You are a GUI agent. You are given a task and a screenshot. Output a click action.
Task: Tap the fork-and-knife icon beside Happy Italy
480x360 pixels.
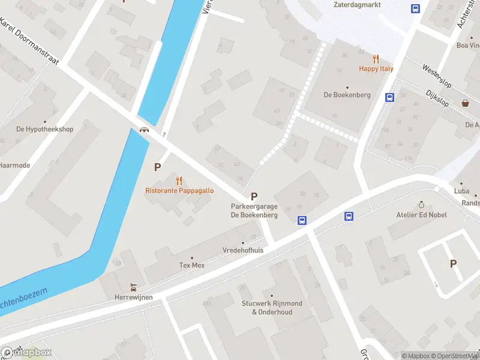[376, 59]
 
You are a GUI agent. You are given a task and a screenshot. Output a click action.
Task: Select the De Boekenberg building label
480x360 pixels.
[347, 95]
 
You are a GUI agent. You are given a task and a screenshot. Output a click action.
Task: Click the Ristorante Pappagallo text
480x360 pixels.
[179, 191]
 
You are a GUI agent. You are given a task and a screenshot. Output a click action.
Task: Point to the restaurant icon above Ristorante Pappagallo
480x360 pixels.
[179, 181]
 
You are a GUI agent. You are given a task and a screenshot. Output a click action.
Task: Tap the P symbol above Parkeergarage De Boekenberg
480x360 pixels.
[254, 196]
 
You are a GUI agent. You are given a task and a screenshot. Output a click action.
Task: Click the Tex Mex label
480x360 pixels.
[192, 265]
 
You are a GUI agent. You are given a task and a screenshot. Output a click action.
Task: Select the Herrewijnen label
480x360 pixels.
[134, 297]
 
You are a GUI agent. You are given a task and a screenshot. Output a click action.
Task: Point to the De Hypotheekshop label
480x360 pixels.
[44, 129]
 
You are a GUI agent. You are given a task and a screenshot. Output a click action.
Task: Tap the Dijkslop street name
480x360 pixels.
[433, 94]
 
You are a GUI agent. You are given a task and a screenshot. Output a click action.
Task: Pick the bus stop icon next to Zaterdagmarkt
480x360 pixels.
[415, 8]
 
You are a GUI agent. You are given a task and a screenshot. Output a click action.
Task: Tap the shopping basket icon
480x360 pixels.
[465, 103]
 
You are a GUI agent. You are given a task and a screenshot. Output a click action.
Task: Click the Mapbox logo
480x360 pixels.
[27, 352]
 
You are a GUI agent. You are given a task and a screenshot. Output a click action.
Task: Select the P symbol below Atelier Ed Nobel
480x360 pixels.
[453, 263]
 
